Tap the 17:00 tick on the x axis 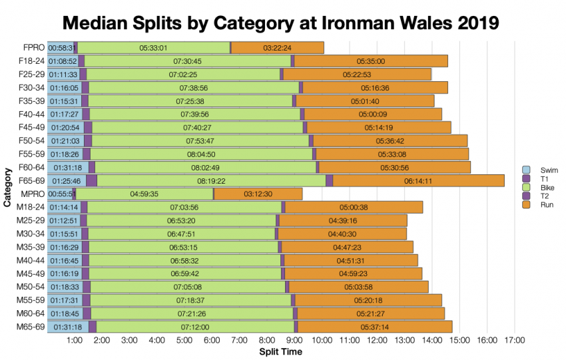click(x=515, y=341)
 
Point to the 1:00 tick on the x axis click(x=75, y=341)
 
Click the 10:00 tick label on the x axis click(x=322, y=341)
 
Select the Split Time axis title click(x=280, y=351)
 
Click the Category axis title click(x=7, y=187)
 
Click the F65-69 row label click(x=31, y=180)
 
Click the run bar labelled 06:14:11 click(x=418, y=180)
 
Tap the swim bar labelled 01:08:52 click(x=63, y=61)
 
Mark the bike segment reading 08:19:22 click(x=211, y=180)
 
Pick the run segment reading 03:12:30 click(x=258, y=194)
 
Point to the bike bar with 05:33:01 click(x=152, y=48)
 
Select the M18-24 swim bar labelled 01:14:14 click(x=63, y=207)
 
